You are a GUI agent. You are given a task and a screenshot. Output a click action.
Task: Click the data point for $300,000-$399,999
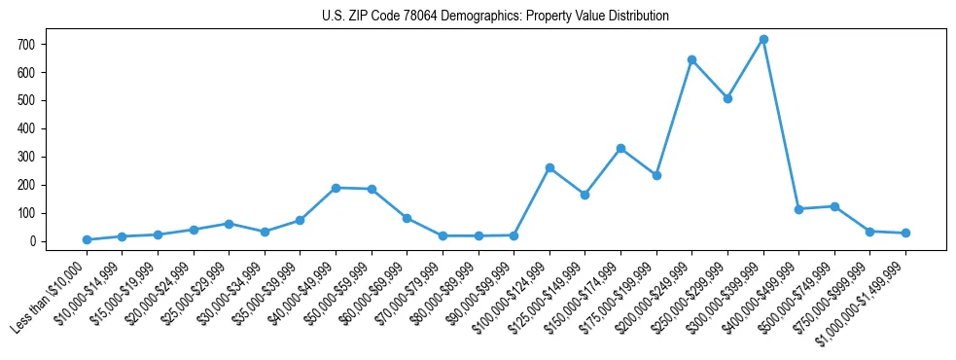[x=763, y=40]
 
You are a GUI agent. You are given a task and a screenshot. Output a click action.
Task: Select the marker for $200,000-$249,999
[x=691, y=59]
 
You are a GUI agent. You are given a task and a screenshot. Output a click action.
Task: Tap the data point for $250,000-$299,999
[x=727, y=98]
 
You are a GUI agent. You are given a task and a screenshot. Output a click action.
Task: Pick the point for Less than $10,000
[x=87, y=239]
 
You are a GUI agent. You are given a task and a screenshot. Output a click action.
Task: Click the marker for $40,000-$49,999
[x=336, y=188]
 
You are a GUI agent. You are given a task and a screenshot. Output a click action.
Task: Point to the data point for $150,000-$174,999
[x=620, y=148]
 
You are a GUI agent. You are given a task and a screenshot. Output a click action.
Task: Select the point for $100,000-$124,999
[x=549, y=167]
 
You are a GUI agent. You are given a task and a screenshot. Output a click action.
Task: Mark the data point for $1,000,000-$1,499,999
[x=905, y=233]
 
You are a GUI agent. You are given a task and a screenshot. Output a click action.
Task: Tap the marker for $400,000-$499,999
[x=798, y=209]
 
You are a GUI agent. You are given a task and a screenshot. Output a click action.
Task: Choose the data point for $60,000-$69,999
[x=407, y=218]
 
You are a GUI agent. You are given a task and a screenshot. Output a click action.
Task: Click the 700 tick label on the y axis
[x=26, y=45]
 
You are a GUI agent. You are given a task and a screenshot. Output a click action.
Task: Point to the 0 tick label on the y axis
[x=33, y=241]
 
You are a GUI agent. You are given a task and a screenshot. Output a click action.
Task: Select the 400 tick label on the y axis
[x=26, y=128]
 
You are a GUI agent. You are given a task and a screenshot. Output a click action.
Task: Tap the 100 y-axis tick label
[x=26, y=213]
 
